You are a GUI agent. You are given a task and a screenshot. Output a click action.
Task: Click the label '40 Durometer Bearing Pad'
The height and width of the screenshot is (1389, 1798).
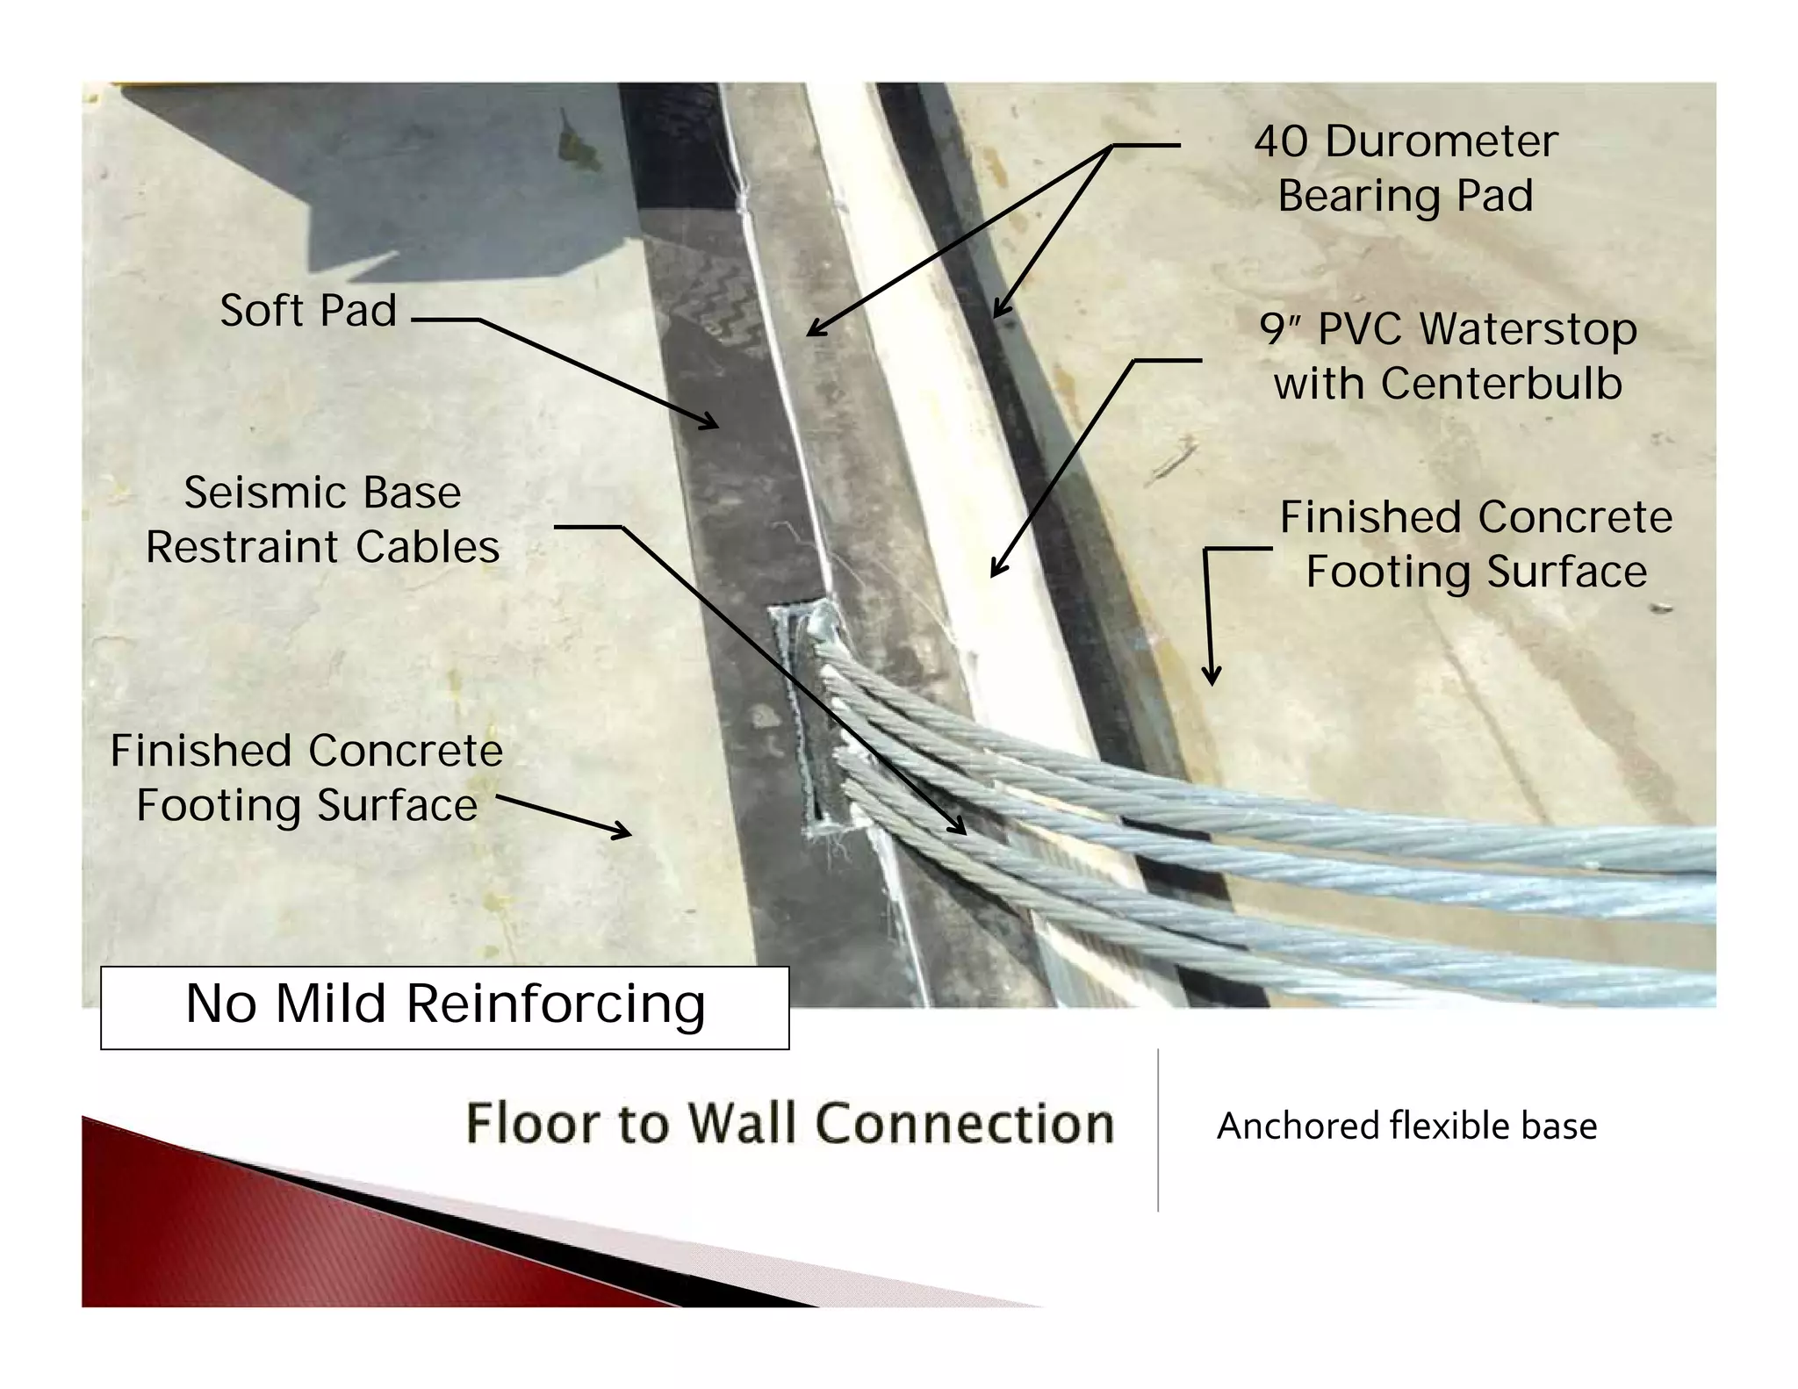(1405, 168)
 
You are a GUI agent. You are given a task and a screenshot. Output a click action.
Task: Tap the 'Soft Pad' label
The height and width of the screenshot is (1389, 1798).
(308, 310)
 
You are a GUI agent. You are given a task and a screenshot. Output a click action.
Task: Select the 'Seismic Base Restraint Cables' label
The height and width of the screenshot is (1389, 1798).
(322, 519)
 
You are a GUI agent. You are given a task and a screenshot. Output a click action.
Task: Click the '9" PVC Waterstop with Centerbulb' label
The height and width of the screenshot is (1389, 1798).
(1448, 356)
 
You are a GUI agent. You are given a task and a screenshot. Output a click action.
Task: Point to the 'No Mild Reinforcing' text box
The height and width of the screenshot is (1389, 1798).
(444, 1006)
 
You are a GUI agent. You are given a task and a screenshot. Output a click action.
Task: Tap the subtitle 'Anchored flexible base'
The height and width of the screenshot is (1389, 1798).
(1406, 1126)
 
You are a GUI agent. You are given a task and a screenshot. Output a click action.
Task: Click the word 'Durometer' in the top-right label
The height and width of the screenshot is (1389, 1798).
(1441, 141)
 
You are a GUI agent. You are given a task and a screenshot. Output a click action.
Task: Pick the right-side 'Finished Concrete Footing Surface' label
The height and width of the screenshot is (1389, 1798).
(1476, 544)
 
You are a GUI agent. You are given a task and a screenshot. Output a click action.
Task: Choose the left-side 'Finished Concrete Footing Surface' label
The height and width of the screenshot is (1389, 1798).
(306, 778)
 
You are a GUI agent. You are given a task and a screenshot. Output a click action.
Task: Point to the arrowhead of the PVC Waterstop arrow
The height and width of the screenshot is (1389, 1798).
(995, 572)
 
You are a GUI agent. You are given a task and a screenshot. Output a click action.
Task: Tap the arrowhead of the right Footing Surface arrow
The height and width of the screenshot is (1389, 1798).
(1212, 679)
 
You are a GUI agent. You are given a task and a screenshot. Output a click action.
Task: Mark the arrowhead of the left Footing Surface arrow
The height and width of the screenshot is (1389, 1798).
(625, 833)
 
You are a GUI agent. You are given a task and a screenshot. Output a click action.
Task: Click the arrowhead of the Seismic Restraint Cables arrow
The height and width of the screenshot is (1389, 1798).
(960, 828)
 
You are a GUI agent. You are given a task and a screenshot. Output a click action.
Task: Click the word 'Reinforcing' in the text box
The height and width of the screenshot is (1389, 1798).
(556, 1004)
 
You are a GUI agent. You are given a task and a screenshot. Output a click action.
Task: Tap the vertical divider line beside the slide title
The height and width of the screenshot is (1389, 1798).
(1158, 1130)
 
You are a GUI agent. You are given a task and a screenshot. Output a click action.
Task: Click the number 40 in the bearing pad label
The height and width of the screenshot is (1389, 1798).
(1281, 141)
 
